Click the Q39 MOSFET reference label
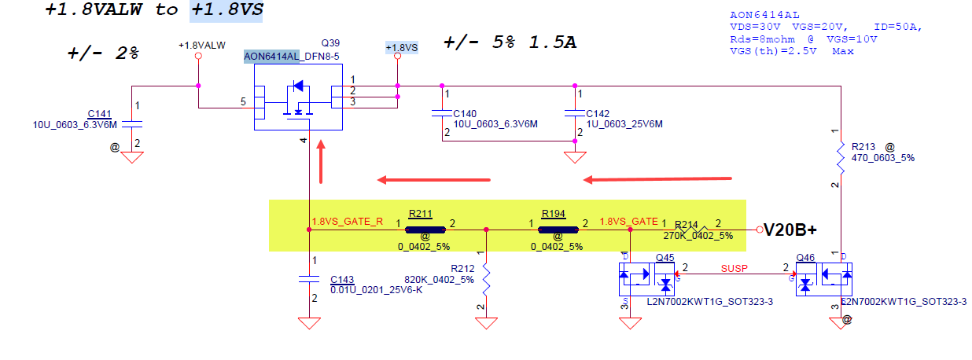pyautogui.click(x=330, y=43)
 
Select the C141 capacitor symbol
pyautogui.click(x=132, y=124)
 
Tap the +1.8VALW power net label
pyautogui.click(x=202, y=46)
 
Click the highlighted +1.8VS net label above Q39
pyautogui.click(x=402, y=47)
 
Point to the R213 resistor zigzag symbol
pyautogui.click(x=841, y=157)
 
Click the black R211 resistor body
pyautogui.click(x=425, y=230)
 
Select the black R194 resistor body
pyautogui.click(x=558, y=230)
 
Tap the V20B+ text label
pyautogui.click(x=790, y=230)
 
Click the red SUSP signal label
pyautogui.click(x=735, y=269)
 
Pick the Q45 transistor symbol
pyautogui.click(x=646, y=279)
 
